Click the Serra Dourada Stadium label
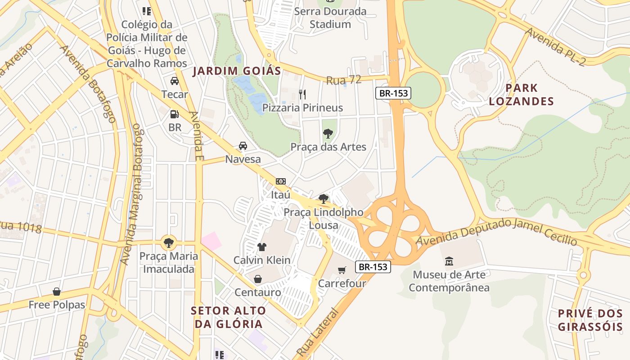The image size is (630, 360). coord(330,18)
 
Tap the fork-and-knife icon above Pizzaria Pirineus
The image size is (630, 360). coord(302,94)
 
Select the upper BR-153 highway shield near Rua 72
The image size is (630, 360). coord(393,93)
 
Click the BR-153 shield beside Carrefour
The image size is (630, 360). coord(373,266)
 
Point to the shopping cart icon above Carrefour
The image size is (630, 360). coord(342,270)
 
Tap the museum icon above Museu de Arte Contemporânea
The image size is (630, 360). coord(449,261)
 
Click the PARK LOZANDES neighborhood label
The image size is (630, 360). coord(521,94)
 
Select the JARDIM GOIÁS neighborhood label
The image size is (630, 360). coord(237,71)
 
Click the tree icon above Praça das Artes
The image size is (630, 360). coord(328,133)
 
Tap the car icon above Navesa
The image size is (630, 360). coord(243,146)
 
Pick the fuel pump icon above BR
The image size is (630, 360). coord(175,114)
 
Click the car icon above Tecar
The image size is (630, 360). coord(175,81)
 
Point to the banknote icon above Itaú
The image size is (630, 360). coord(281,181)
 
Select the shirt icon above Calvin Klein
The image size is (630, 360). coord(262,247)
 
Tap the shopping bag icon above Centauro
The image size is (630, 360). coord(258,279)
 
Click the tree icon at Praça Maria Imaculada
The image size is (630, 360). coord(168,243)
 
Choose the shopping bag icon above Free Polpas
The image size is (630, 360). coord(57,292)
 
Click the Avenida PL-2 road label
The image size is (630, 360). coord(556,47)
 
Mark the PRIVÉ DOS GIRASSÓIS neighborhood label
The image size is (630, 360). coord(590,320)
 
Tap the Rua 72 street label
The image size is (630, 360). coord(344,80)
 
